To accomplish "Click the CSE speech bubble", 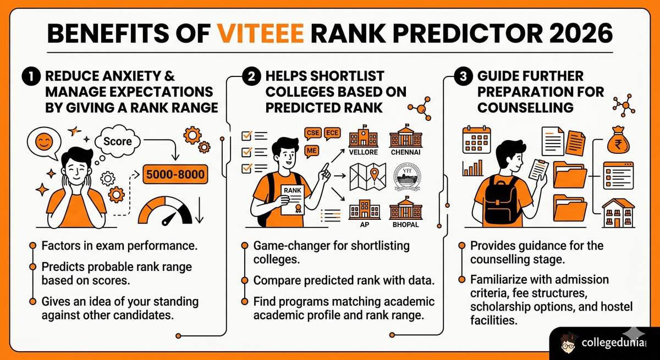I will click(312, 133).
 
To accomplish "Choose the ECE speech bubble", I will click(333, 133).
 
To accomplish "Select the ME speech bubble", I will click(311, 149).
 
